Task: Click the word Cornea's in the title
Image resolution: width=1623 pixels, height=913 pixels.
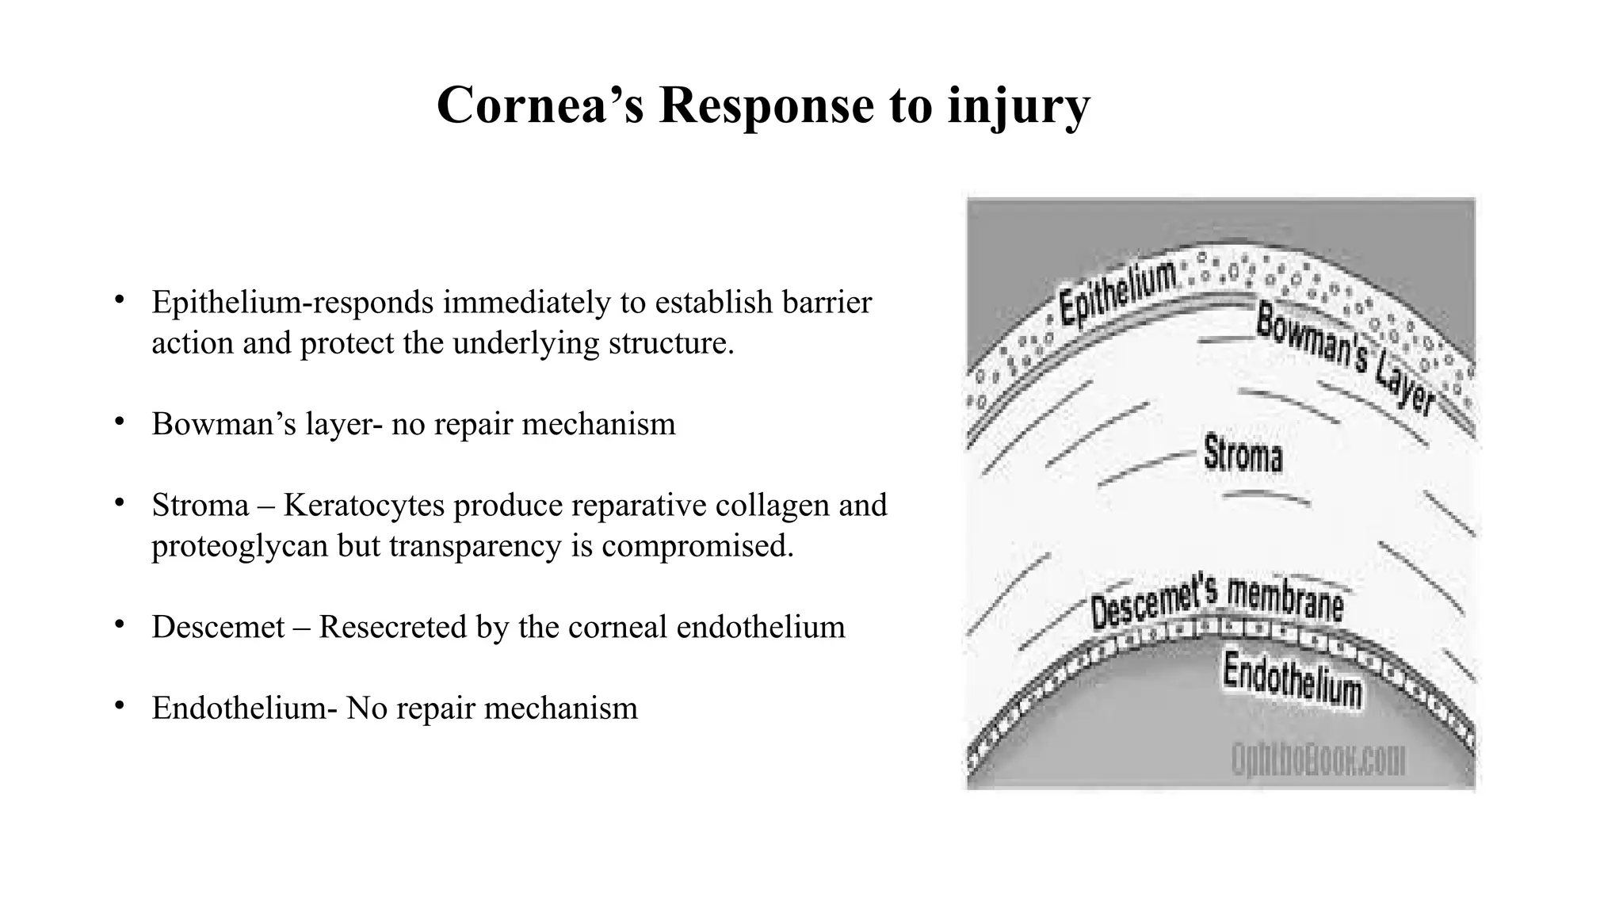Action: (540, 105)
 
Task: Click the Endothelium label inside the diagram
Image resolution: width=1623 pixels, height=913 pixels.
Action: (1292, 679)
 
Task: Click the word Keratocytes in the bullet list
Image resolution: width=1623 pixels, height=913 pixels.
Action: (365, 506)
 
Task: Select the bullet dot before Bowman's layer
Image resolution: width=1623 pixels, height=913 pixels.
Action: (119, 422)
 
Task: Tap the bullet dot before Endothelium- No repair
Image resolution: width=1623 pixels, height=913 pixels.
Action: (119, 705)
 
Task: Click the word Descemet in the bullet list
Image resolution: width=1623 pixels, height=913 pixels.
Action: (218, 628)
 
